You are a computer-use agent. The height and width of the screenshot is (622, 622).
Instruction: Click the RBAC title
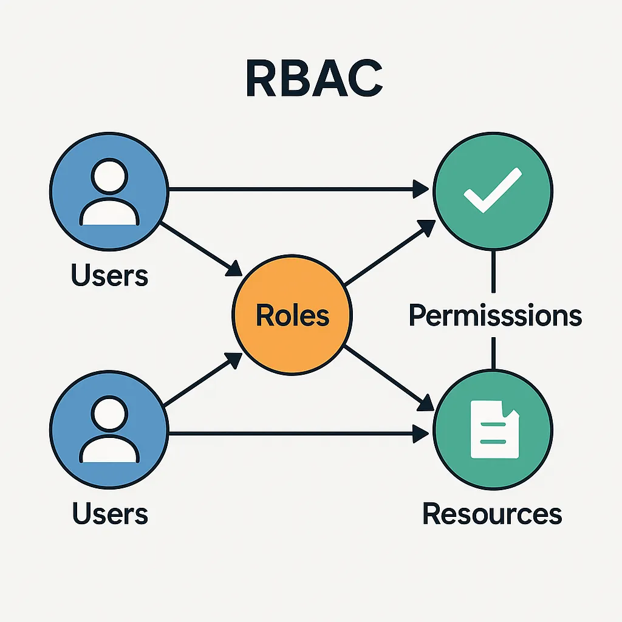[314, 79]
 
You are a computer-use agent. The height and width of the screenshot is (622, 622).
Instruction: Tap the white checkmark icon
[492, 190]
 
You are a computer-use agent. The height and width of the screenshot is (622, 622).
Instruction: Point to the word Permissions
[495, 316]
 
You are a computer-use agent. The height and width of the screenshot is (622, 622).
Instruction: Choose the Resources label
[492, 514]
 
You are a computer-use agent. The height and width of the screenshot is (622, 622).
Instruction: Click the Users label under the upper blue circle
[109, 275]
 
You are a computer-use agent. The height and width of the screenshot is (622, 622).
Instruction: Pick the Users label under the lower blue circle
[110, 514]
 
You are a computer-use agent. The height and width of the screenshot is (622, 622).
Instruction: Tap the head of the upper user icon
[109, 176]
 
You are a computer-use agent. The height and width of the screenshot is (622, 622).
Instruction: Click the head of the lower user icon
[109, 415]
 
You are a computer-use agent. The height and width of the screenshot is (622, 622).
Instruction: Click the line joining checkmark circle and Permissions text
[493, 273]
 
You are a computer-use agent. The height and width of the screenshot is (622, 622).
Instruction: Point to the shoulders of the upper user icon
[109, 213]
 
